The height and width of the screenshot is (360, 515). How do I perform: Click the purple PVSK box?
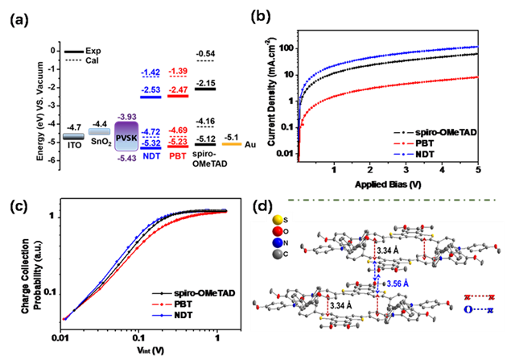(x=126, y=139)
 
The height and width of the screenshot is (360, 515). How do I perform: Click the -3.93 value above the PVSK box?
(x=126, y=115)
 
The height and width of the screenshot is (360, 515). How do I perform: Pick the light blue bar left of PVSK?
(x=99, y=131)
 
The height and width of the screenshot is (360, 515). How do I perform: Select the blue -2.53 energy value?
(x=151, y=89)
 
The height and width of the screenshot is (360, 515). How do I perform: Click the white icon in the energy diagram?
(x=76, y=56)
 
